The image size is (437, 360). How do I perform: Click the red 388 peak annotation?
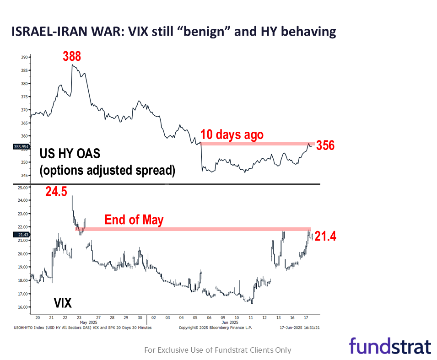(x=72, y=56)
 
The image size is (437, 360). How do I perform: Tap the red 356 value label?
(x=325, y=145)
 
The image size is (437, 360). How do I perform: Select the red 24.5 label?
(x=56, y=192)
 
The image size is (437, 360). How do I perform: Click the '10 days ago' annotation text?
(x=232, y=134)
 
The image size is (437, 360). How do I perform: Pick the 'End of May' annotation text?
(x=134, y=220)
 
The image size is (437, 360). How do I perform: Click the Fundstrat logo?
(x=390, y=346)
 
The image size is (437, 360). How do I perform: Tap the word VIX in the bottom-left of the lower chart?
(x=63, y=302)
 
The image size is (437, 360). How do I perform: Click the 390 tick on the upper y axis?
(x=24, y=57)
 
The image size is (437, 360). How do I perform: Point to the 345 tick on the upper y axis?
(x=24, y=175)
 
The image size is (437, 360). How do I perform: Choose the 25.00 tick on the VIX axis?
(x=22, y=187)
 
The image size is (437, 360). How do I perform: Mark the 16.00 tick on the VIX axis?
(x=22, y=307)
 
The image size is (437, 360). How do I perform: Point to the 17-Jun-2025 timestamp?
(x=299, y=328)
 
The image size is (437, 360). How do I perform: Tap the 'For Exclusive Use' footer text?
(x=218, y=350)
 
